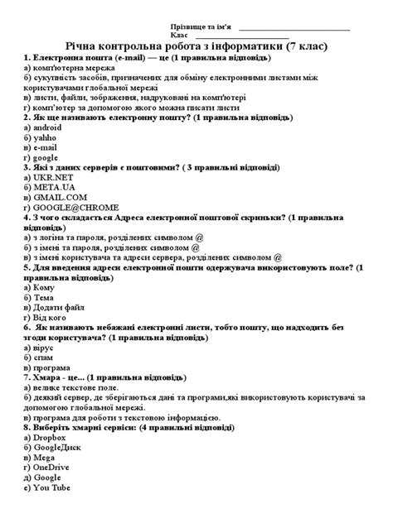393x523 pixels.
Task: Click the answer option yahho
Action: point(46,138)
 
